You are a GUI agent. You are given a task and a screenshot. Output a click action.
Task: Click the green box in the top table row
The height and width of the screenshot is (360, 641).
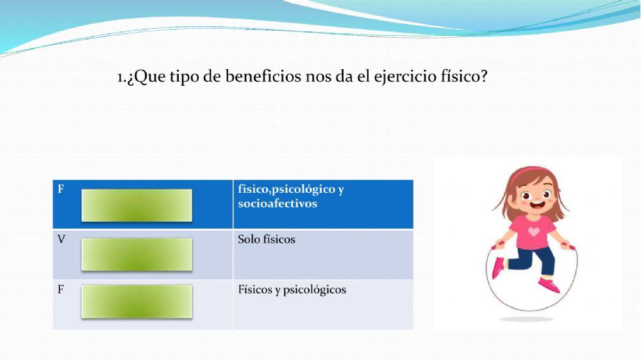tap(137, 205)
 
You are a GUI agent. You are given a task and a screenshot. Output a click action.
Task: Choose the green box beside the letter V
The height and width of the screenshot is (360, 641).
tap(137, 254)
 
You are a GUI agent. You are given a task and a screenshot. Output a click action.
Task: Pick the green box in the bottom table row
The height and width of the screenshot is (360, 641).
tap(137, 301)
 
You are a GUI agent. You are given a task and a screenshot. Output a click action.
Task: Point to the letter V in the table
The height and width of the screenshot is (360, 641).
tap(62, 240)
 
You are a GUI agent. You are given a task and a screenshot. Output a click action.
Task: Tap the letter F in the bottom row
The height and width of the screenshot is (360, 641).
tap(61, 290)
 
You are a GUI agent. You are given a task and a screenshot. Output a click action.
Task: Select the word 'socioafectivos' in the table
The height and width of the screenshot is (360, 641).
tap(277, 204)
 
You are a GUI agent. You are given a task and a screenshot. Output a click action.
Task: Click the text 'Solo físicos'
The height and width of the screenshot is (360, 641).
tap(266, 240)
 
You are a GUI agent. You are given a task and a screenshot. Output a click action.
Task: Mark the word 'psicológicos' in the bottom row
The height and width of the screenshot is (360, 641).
tap(315, 290)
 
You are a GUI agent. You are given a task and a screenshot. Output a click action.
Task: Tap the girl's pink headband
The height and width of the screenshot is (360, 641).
tap(527, 172)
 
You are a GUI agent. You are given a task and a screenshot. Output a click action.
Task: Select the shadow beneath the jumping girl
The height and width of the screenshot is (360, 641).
tap(527, 318)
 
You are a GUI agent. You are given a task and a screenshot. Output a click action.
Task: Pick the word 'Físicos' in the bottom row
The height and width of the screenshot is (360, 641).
tap(254, 290)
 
